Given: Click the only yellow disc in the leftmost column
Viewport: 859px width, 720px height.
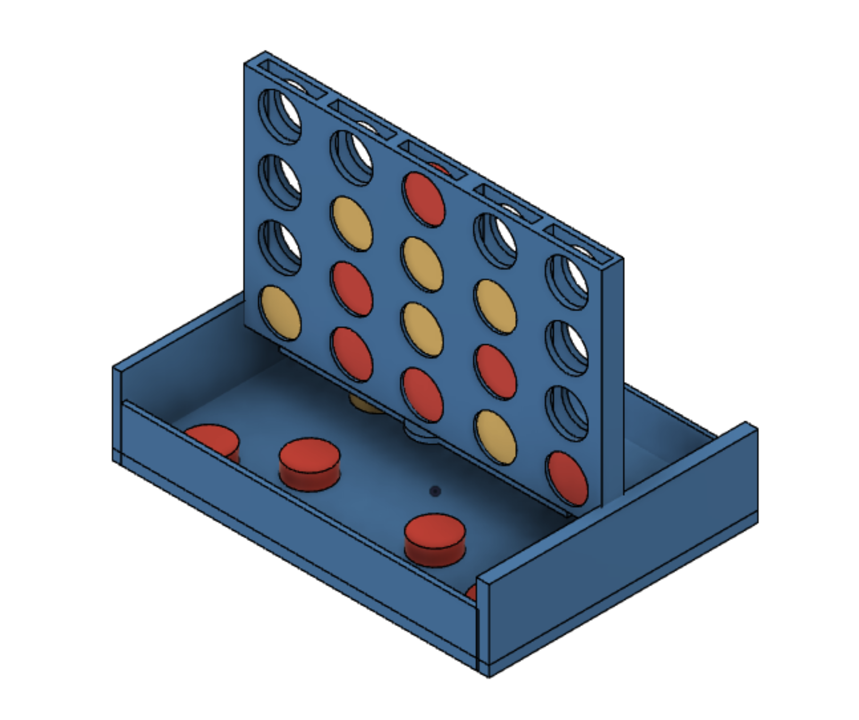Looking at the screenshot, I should point(280,313).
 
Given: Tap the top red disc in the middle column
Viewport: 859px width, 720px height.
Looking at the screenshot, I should point(423,199).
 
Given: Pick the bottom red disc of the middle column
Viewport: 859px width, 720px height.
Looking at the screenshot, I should point(422,394).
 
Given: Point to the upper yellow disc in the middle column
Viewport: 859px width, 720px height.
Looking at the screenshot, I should point(422,264).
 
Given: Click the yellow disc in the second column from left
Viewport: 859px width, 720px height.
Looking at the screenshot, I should point(351,223).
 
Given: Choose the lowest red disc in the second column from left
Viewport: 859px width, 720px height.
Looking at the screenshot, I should point(351,354).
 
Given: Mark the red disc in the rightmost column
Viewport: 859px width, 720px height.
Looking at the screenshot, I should point(567,478).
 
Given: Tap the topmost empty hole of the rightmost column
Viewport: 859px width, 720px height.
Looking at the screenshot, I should point(567,282).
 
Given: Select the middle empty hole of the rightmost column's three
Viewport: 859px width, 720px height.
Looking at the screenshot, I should point(567,348).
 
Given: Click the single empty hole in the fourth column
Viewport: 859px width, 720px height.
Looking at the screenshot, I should point(495,240).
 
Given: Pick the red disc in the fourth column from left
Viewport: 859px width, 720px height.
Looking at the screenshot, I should point(495,371).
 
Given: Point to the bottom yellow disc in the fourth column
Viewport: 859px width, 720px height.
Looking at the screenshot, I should point(495,437).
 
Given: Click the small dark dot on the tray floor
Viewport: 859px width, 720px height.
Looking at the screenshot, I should point(435,491).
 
